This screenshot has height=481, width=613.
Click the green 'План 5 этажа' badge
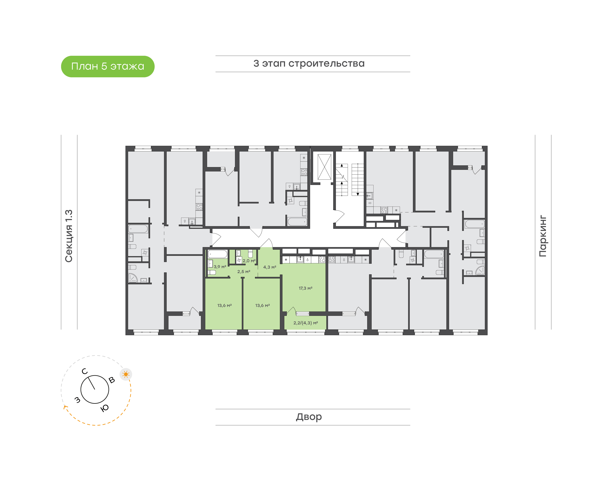(107, 66)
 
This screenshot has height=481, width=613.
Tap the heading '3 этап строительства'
(309, 64)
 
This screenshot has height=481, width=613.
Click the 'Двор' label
(309, 417)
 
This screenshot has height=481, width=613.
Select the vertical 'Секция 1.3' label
(69, 236)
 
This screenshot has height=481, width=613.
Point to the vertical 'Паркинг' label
(543, 236)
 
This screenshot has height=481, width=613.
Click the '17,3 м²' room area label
(305, 288)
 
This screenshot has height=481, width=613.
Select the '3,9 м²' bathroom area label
(220, 267)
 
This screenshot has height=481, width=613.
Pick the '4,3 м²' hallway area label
(270, 267)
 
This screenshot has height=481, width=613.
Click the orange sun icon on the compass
(126, 374)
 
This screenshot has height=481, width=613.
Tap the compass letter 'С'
(85, 371)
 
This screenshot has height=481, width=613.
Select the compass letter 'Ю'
(105, 408)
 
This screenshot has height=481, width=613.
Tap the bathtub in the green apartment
(217, 254)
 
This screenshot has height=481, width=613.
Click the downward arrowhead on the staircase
(358, 194)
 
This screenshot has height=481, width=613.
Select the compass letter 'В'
(112, 380)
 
